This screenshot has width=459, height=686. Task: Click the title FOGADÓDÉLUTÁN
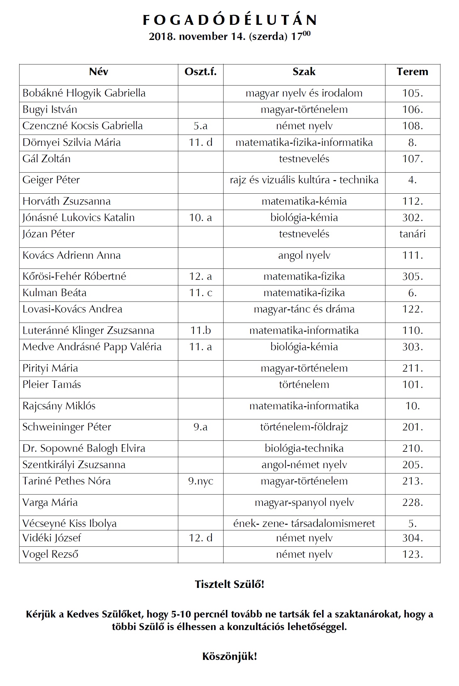point(229,20)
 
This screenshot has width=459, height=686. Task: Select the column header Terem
point(412,72)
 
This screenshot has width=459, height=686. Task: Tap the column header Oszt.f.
point(200,72)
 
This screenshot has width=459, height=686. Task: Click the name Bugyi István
point(50,109)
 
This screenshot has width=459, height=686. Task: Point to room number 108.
point(412,126)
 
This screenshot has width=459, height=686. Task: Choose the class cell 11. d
point(200,142)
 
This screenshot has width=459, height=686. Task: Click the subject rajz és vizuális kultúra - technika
point(304,180)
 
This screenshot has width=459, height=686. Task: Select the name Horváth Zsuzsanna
point(66,201)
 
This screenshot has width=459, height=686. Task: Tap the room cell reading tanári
point(412,234)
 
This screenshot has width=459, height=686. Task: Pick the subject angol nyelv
point(304,255)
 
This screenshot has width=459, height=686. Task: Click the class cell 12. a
point(200,276)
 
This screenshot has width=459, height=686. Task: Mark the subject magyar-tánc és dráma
point(304,309)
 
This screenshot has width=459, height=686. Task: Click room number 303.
point(412,347)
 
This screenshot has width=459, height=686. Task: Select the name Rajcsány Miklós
point(59,406)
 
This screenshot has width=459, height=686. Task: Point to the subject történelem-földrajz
point(304,427)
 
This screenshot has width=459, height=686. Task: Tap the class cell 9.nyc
point(200,481)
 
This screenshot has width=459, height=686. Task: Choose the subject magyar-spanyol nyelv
point(304,502)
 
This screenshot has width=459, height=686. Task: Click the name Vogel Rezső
point(50,554)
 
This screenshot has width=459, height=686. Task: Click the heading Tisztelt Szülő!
point(229,584)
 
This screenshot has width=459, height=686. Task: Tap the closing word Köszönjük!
point(229,656)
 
